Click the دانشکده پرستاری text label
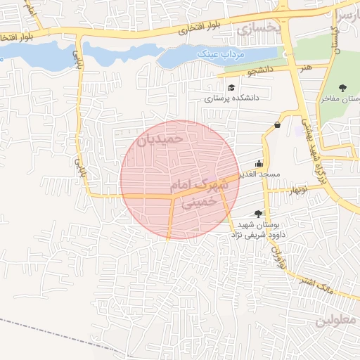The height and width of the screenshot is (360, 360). click(232, 98)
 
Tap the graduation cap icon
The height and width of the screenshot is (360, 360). click(231, 87)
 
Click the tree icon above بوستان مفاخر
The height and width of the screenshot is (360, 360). click(342, 87)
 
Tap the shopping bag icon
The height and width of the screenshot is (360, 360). click(276, 125)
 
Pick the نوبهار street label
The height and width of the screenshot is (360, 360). click(296, 189)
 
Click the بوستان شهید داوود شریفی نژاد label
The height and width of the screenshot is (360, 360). click(256, 229)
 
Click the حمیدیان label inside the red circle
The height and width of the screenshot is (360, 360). click(161, 139)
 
